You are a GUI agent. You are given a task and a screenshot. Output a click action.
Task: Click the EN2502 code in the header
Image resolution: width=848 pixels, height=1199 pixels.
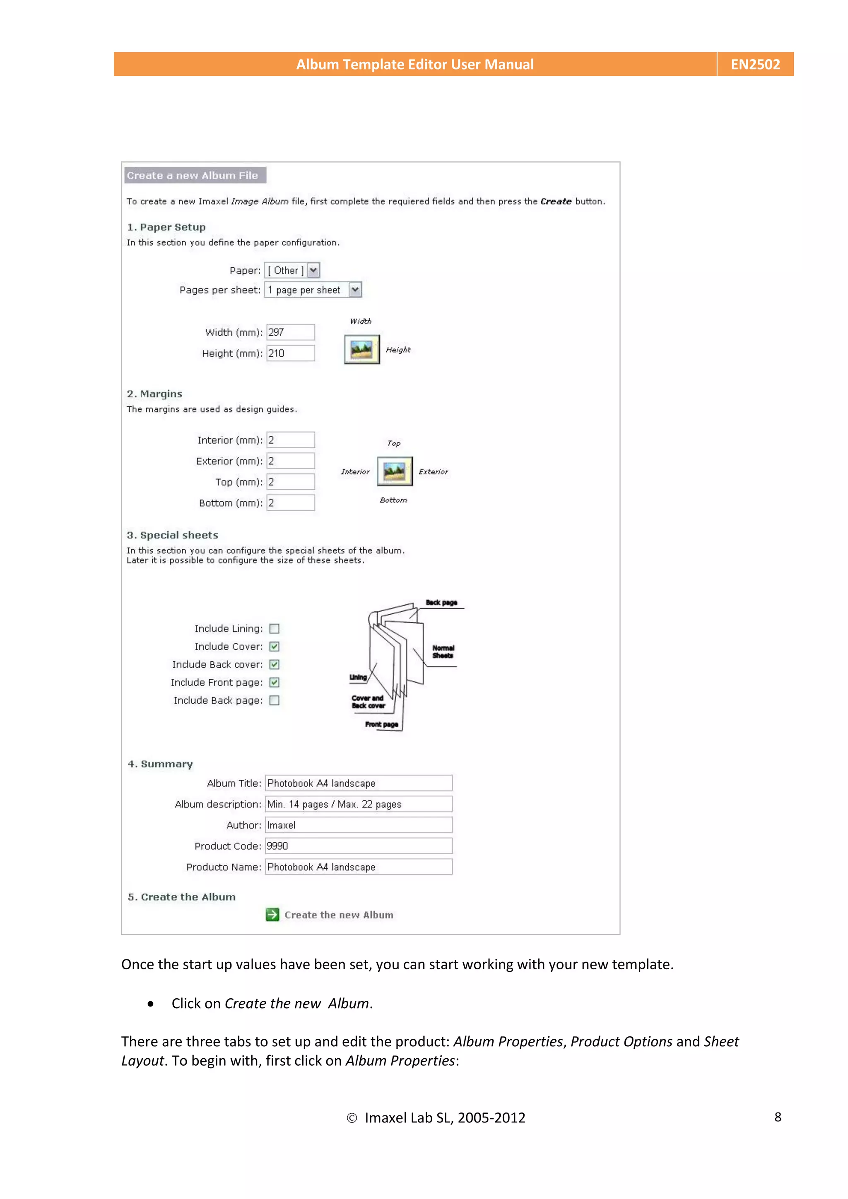(x=754, y=64)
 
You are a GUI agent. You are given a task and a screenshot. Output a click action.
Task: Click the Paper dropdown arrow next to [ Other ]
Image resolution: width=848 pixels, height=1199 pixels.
(x=313, y=271)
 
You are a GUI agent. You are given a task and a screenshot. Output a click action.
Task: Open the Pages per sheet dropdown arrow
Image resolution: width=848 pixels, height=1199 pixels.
(x=355, y=290)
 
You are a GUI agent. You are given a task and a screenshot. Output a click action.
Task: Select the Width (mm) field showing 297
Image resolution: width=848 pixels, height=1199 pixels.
(x=291, y=332)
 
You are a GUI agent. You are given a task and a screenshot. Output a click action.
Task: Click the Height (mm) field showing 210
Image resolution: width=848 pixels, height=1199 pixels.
(x=291, y=353)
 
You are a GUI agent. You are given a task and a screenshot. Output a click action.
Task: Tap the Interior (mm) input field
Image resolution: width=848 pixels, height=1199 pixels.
(x=291, y=440)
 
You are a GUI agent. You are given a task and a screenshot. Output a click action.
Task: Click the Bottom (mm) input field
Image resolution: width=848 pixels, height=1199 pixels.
(x=291, y=503)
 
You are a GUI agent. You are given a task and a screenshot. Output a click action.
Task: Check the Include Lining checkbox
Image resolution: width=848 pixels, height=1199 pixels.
(x=274, y=629)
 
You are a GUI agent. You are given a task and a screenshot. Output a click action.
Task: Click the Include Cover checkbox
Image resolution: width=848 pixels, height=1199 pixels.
(x=274, y=646)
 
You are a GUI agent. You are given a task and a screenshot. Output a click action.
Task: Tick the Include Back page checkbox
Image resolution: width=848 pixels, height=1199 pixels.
(x=274, y=701)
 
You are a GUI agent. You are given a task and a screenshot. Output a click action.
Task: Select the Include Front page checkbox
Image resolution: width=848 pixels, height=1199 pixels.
(x=274, y=682)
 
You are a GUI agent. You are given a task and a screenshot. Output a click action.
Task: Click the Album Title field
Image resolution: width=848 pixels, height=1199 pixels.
(x=359, y=783)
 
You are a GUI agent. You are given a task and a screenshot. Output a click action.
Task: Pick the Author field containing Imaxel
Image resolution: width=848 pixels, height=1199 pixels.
(x=359, y=825)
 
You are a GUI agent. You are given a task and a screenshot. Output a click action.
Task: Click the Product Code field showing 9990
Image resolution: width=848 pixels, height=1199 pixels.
(x=359, y=846)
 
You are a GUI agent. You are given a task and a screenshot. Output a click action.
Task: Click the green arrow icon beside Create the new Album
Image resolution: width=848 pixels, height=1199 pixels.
(x=272, y=915)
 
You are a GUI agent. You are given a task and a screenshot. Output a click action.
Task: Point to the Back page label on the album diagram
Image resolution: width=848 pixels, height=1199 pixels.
(x=441, y=603)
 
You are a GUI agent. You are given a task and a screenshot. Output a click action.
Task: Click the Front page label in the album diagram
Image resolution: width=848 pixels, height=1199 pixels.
(x=381, y=724)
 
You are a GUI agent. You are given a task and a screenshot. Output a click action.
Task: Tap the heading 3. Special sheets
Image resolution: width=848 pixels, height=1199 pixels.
(x=172, y=535)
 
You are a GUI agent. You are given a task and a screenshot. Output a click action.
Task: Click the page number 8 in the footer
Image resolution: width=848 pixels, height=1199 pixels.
(x=778, y=1117)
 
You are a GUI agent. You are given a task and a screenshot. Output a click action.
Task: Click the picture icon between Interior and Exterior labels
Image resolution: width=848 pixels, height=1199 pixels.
(x=395, y=471)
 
